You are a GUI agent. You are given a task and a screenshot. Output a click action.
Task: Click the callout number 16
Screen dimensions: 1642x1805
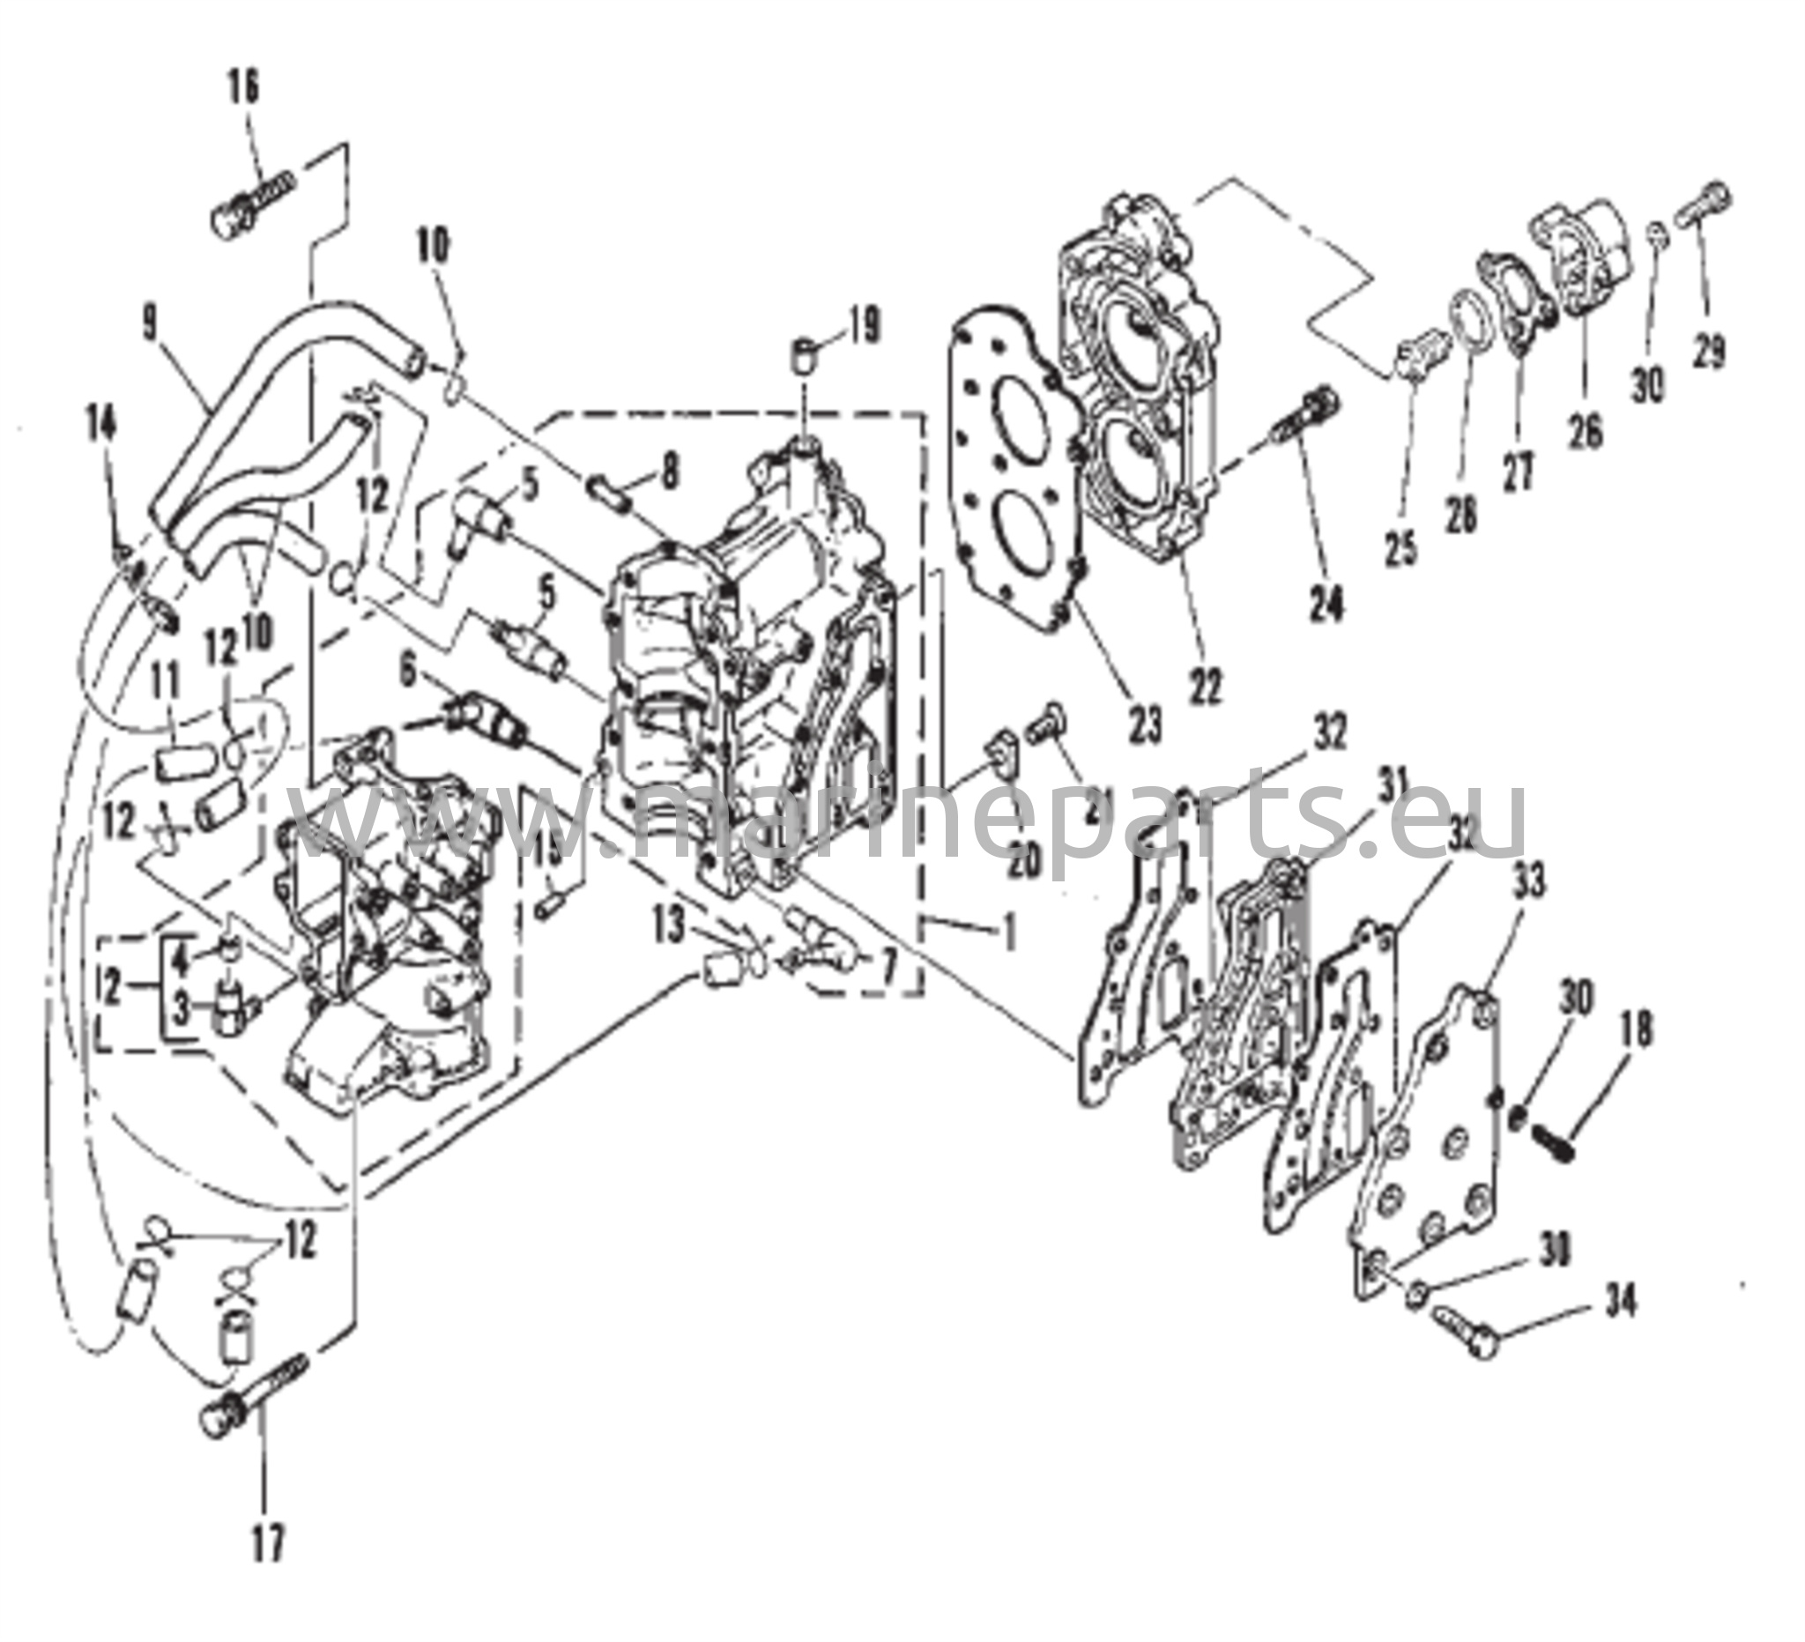[244, 88]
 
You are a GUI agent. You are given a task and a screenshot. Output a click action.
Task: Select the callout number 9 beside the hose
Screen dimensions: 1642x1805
[151, 329]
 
